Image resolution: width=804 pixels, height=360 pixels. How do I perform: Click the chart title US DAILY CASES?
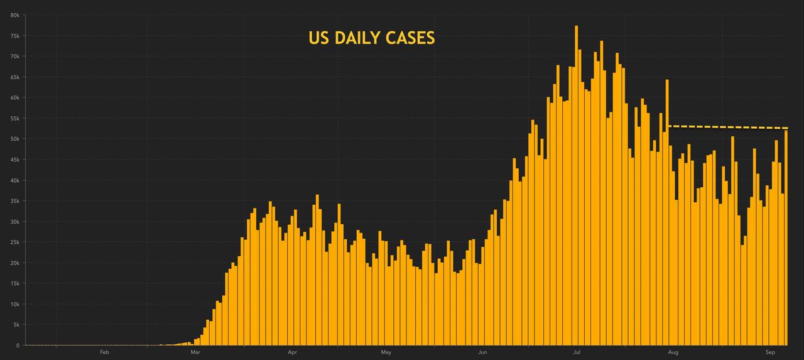click(371, 38)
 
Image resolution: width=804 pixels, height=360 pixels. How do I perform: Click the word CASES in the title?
click(411, 38)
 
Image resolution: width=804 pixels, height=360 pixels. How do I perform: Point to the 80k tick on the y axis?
click(14, 15)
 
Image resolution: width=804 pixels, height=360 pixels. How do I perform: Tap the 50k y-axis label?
click(14, 139)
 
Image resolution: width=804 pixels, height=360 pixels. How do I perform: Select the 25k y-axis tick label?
click(14, 243)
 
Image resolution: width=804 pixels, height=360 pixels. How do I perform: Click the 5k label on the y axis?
click(16, 325)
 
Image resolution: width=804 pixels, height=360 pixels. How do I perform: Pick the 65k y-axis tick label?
click(14, 77)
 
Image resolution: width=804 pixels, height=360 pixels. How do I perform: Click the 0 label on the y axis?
click(18, 346)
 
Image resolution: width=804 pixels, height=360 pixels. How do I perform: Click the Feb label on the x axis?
click(104, 352)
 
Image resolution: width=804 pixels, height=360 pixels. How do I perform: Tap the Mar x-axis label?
click(195, 352)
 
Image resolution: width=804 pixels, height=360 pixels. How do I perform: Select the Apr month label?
click(291, 352)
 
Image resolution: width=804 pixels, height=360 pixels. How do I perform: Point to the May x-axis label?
click(386, 352)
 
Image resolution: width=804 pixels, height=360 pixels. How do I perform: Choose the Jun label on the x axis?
click(482, 352)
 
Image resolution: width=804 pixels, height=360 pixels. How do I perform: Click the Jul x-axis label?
click(576, 352)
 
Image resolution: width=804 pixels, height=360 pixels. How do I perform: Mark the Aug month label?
click(673, 352)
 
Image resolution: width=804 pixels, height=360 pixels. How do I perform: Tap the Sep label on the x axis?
click(769, 352)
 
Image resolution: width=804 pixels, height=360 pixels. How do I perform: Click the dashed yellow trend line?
click(729, 127)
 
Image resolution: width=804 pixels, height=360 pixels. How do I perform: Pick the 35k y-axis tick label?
click(14, 201)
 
